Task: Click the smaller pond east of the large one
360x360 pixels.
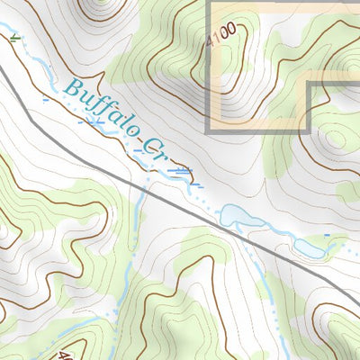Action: [x=311, y=246]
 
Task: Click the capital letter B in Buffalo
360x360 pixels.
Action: [x=72, y=88]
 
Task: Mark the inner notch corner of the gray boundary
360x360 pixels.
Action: [x=310, y=85]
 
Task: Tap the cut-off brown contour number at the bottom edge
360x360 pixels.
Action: [x=63, y=355]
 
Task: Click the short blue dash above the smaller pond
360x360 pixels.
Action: [x=327, y=235]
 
